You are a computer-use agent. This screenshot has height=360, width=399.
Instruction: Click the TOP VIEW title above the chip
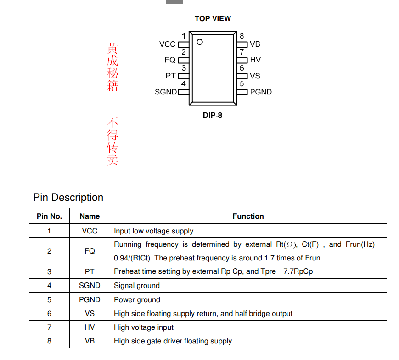tap(213, 18)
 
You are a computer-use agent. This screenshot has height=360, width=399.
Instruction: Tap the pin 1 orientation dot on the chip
tap(200, 42)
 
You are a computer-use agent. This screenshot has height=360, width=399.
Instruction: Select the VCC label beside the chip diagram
tap(167, 44)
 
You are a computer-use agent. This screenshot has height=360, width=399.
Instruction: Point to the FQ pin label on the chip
tap(170, 60)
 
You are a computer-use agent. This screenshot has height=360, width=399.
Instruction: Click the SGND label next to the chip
tap(166, 92)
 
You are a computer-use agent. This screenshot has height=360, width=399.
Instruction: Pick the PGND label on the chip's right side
tap(261, 92)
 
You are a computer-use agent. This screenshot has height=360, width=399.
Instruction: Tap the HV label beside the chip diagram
tap(255, 60)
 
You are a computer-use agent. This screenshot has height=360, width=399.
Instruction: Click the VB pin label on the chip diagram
tap(255, 44)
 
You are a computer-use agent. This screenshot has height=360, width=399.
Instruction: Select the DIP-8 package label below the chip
tap(213, 116)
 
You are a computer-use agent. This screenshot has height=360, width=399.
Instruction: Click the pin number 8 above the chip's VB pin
tap(242, 36)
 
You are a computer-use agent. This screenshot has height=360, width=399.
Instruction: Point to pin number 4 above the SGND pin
tap(184, 84)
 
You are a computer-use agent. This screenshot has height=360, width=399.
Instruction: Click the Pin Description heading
tap(68, 198)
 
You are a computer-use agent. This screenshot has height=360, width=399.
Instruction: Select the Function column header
tap(248, 216)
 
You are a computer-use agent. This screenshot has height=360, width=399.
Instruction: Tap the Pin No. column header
tap(49, 216)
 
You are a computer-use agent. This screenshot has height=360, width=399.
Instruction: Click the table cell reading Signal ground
tap(137, 286)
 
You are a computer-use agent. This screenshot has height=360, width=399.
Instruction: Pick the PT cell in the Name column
tap(90, 271)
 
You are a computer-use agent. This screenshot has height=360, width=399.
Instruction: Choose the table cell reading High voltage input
tap(144, 327)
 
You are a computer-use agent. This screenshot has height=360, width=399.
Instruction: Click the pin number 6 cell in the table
tap(49, 314)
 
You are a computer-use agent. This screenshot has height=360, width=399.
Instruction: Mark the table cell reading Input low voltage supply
tap(153, 231)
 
